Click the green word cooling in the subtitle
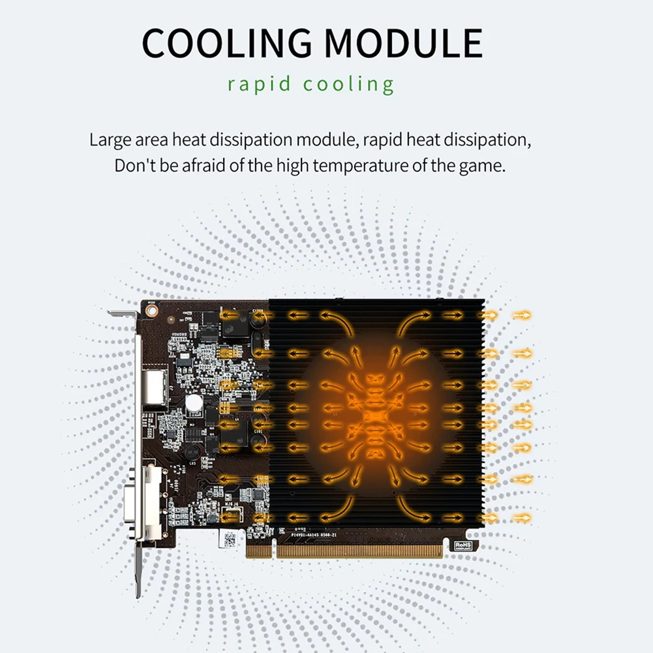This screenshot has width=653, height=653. point(349,85)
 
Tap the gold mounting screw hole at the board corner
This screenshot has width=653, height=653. point(151,312)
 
